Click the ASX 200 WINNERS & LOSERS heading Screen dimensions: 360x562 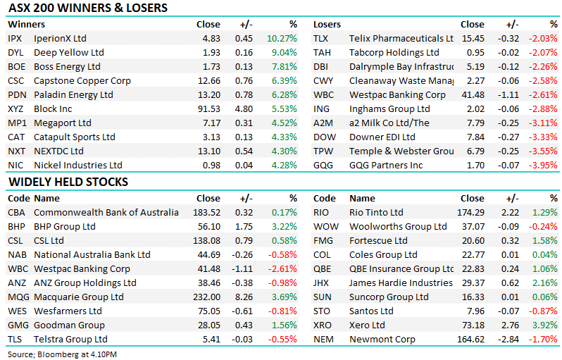tap(87, 8)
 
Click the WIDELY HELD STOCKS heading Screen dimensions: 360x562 tap(68, 182)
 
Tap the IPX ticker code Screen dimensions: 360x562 tap(15, 38)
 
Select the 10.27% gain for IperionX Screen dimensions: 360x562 tap(283, 38)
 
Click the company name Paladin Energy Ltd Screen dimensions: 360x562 tap(73, 94)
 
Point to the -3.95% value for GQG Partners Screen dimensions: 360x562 tap(544, 165)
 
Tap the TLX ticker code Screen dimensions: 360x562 tap(321, 38)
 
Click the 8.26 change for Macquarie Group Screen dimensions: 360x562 tap(243, 297)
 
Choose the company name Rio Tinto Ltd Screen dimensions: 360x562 tap(376, 212)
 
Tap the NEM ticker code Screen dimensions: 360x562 tap(323, 339)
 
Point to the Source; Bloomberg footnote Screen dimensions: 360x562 tap(63, 353)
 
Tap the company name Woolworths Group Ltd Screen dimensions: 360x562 tap(398, 226)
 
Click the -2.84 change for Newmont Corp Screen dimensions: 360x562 tap(506, 339)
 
